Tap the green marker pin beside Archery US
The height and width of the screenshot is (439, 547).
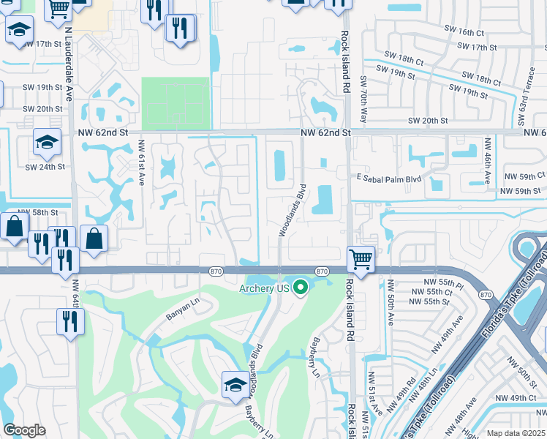click(x=300, y=287)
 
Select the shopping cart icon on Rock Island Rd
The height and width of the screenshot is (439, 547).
click(x=361, y=259)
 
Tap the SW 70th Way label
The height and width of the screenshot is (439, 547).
click(x=363, y=93)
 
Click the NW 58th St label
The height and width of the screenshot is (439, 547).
click(x=37, y=212)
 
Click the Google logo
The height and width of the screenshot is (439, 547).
click(x=24, y=430)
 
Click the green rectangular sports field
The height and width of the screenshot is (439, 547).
click(x=175, y=103)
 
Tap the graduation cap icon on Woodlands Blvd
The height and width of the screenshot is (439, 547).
click(x=235, y=384)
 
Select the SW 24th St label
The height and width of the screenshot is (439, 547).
click(x=45, y=166)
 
